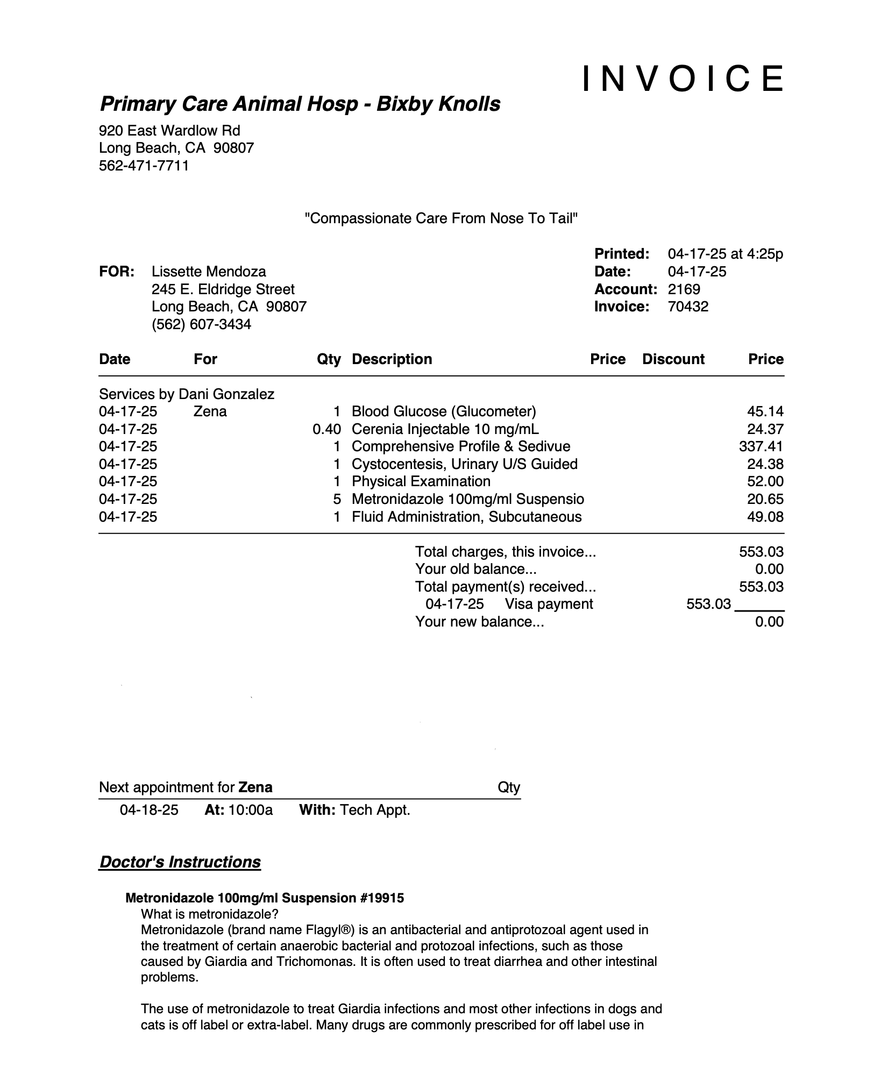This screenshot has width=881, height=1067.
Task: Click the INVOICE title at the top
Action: pos(683,79)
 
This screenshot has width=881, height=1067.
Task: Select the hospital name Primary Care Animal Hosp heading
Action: pos(300,104)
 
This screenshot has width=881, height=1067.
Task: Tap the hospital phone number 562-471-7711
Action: pos(144,166)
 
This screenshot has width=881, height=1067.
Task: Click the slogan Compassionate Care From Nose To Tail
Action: pos(441,218)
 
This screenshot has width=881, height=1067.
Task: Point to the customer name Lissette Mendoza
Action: pos(209,272)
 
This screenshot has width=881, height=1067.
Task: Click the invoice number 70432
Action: pos(688,307)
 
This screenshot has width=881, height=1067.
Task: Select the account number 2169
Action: pos(684,289)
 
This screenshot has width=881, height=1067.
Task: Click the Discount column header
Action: pos(673,359)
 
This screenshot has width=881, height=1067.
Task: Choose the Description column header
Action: pos(392,359)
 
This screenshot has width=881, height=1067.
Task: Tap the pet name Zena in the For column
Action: pos(210,411)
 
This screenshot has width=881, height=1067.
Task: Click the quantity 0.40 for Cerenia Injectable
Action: pos(326,429)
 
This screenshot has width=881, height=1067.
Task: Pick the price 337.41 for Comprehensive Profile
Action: pos(761,446)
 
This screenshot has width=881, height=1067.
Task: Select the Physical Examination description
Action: pos(421,481)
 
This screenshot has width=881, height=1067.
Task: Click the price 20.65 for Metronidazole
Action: pos(765,499)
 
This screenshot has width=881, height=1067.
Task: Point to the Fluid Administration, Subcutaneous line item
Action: pos(466,517)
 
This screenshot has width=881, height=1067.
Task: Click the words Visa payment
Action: pos(549,604)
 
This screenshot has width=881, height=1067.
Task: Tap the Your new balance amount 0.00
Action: pos(769,622)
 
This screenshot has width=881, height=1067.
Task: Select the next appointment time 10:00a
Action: pos(251,810)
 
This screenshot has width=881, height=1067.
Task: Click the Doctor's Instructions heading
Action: pos(180,862)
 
